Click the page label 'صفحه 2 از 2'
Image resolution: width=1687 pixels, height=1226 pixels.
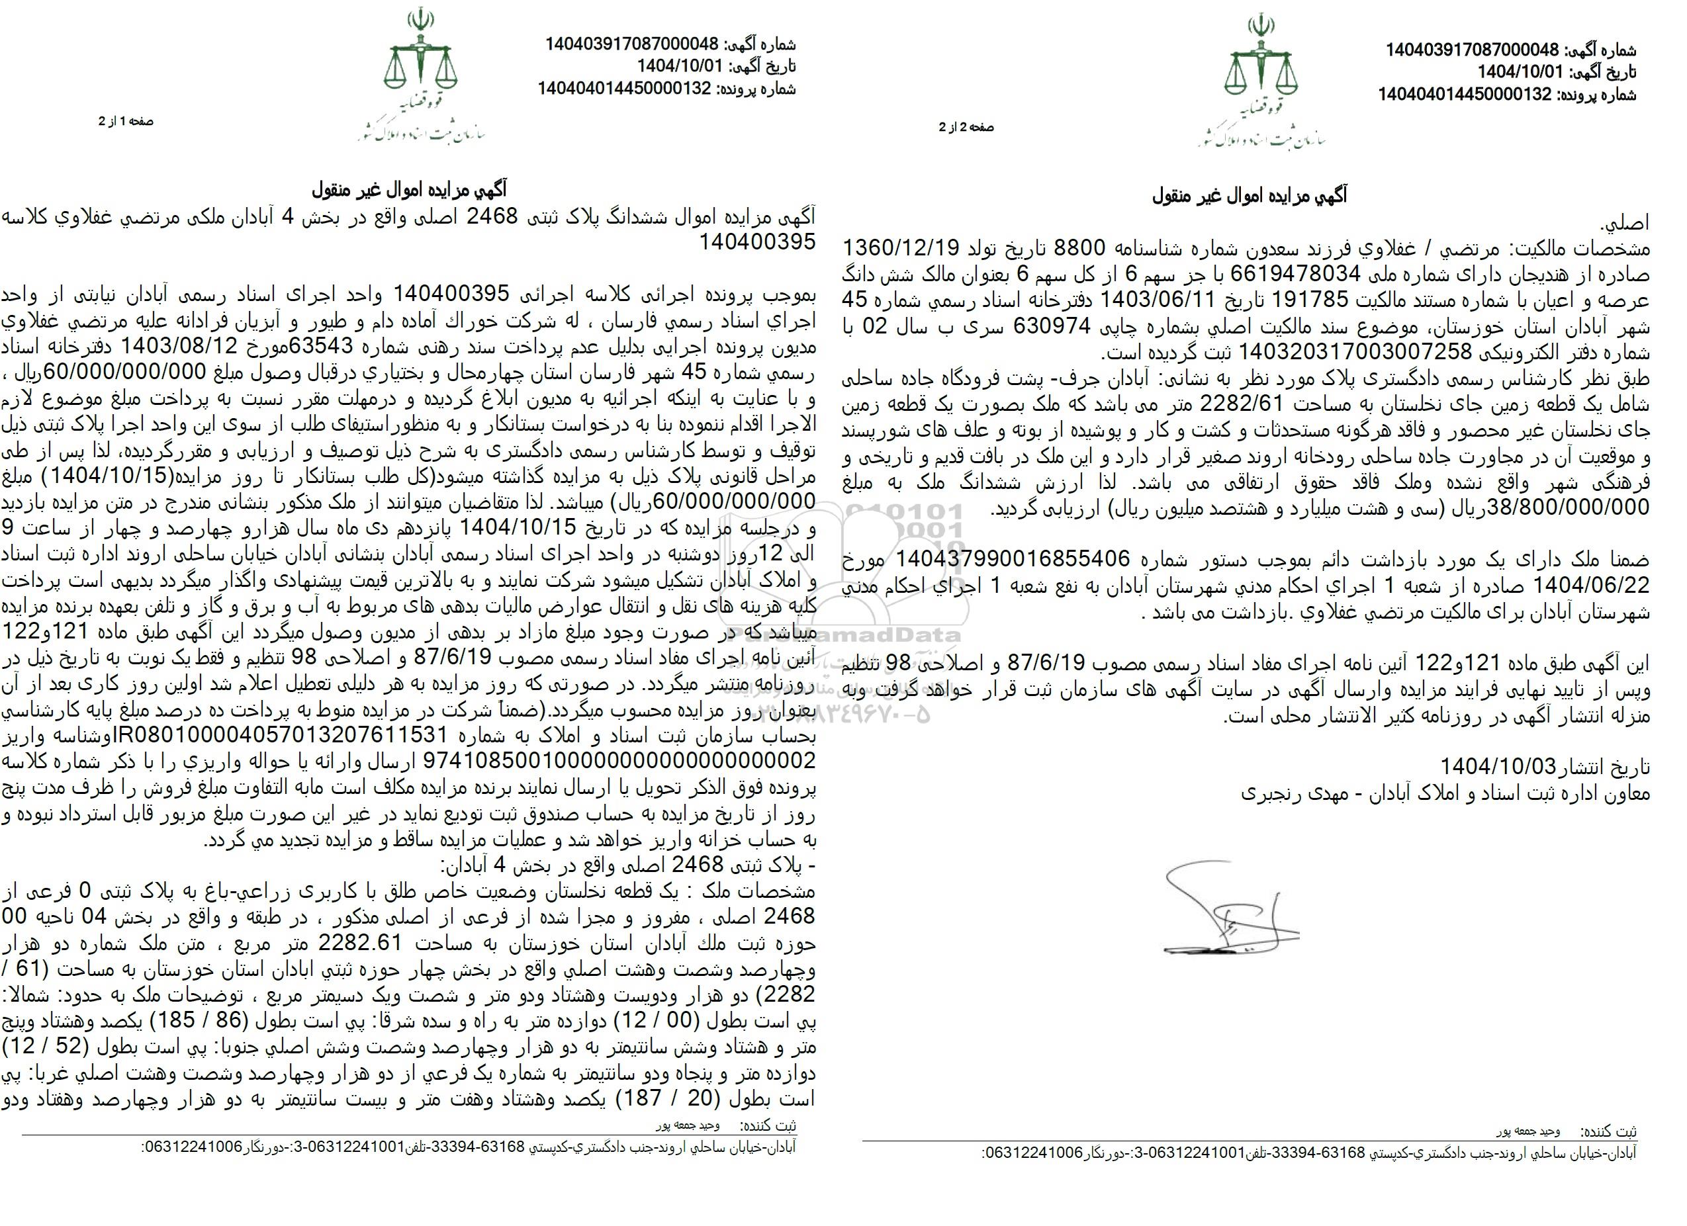[x=966, y=127]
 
